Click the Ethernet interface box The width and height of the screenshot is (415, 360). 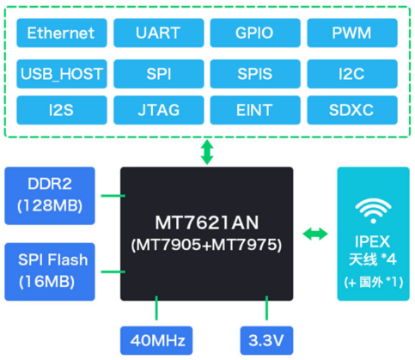[62, 33]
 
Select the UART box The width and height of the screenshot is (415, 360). [159, 33]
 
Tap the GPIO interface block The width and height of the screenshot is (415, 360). [255, 33]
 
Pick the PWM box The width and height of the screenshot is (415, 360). [352, 33]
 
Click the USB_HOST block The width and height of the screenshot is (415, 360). [62, 74]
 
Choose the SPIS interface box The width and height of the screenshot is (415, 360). [255, 74]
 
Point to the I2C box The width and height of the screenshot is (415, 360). [352, 74]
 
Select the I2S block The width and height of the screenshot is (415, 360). [62, 110]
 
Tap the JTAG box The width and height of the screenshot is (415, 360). [159, 110]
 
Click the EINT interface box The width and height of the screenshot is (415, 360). [255, 110]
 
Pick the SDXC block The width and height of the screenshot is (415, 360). [352, 110]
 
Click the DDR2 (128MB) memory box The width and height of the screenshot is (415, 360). [50, 196]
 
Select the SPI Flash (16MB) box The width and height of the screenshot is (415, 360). [50, 272]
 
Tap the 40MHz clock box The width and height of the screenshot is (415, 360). [156, 340]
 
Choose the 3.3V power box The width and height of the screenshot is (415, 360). [266, 340]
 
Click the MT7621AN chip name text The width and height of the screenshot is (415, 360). [207, 223]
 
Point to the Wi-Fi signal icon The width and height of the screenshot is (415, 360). [373, 211]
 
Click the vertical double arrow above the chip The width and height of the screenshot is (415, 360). [207, 152]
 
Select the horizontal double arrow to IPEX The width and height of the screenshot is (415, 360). [315, 234]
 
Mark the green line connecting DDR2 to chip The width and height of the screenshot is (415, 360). [113, 196]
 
